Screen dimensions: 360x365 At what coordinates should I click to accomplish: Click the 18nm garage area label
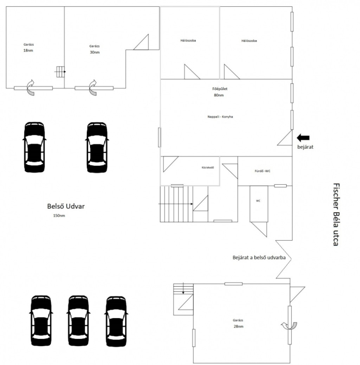click(x=28, y=51)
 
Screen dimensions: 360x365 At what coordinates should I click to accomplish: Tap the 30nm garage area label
click(x=95, y=52)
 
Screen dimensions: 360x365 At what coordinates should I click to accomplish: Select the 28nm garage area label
click(x=238, y=326)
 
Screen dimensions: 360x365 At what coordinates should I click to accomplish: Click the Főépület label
click(x=220, y=89)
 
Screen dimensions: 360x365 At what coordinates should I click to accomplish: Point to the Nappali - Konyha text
click(x=220, y=117)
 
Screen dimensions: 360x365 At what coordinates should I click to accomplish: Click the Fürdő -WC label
click(x=262, y=171)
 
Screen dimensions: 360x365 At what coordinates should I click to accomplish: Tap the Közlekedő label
click(x=208, y=168)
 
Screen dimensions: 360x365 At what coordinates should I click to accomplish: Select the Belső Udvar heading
click(x=66, y=206)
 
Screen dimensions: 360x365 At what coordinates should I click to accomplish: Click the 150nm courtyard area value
click(x=59, y=215)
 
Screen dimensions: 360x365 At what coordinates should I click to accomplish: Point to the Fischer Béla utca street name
click(x=336, y=214)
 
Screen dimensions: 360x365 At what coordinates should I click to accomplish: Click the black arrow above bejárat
click(x=303, y=138)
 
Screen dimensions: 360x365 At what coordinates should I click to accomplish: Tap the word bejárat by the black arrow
click(x=305, y=147)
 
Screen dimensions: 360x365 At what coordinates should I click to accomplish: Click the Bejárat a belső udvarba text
click(x=259, y=257)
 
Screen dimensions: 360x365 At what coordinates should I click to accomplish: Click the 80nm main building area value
click(x=219, y=95)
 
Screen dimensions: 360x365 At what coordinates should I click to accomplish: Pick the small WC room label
click(x=258, y=201)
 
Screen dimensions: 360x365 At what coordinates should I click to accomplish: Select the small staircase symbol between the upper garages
click(x=60, y=72)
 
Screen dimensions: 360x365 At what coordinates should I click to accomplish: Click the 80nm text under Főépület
click(x=219, y=95)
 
